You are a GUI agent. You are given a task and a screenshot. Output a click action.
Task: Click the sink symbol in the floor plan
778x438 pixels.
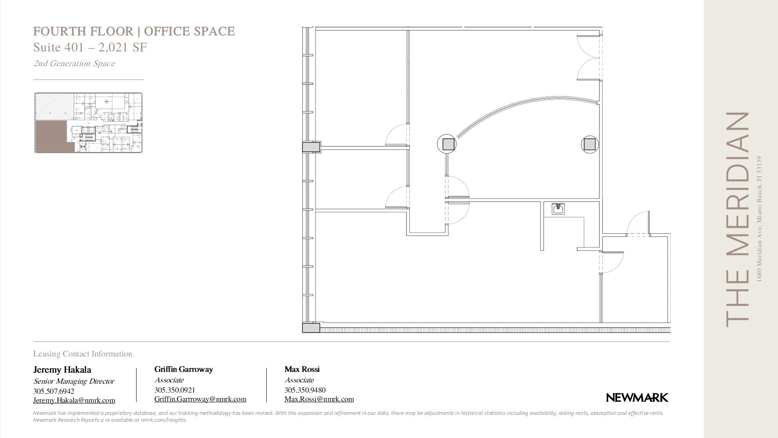(x=558, y=209)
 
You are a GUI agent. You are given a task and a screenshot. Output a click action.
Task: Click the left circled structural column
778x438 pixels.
(x=447, y=144)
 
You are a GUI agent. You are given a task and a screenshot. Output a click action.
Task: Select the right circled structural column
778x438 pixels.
(x=590, y=144)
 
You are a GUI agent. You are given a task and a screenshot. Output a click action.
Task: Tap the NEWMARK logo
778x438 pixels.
(x=637, y=398)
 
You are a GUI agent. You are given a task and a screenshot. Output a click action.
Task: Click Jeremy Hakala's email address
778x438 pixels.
(x=74, y=401)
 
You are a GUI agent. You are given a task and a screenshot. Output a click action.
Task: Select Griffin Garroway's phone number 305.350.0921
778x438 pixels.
(x=175, y=390)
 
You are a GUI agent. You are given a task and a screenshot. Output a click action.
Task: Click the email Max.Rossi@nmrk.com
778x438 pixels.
(x=319, y=399)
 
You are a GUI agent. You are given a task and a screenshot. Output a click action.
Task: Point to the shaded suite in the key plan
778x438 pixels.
(x=51, y=136)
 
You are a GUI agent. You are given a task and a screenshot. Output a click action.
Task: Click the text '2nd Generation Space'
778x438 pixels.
(x=74, y=64)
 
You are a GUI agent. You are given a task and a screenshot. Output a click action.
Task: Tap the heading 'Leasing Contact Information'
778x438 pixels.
(x=83, y=354)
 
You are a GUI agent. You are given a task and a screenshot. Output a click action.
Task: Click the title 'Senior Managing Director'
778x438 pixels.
(x=74, y=381)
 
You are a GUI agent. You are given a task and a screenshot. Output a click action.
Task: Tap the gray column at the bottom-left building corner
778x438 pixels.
(x=311, y=328)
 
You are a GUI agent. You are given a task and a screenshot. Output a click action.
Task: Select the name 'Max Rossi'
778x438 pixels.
(x=302, y=369)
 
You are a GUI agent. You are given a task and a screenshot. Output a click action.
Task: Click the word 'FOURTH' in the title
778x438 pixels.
(x=55, y=32)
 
